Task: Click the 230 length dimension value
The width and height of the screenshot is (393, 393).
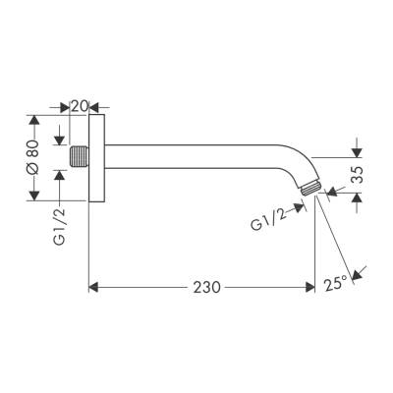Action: pyautogui.click(x=204, y=288)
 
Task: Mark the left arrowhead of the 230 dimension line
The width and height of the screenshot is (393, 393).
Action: pyautogui.click(x=93, y=288)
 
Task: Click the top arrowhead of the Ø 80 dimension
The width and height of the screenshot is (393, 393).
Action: pyautogui.click(x=36, y=121)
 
